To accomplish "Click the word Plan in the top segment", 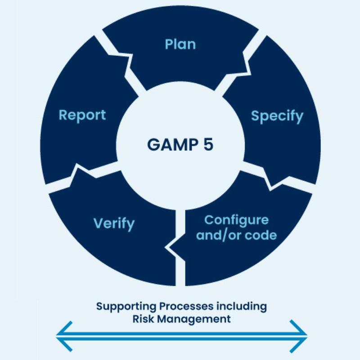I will click(180, 45).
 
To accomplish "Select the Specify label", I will click(277, 116).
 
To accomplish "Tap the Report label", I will click(82, 115).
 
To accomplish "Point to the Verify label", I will click(114, 223).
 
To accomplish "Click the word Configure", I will click(236, 220).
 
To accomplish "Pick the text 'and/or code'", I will click(236, 235).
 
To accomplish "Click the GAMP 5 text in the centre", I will click(180, 145).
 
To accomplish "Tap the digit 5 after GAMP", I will click(208, 145).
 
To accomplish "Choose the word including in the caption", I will click(239, 306).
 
